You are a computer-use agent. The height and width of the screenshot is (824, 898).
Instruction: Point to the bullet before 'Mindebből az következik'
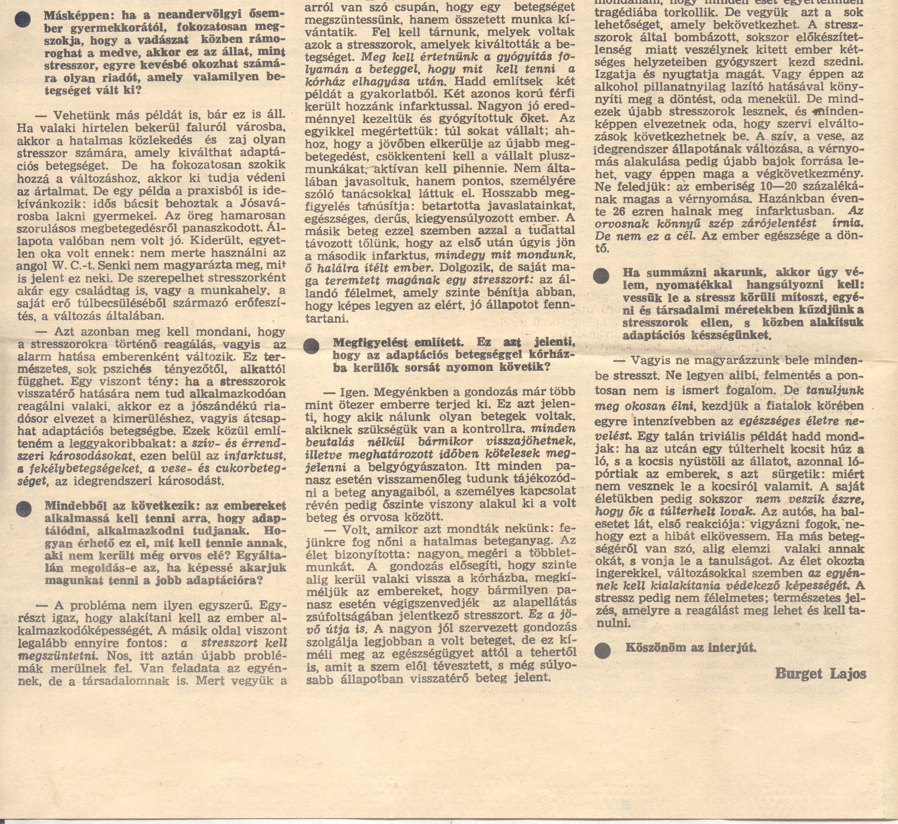point(24,509)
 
